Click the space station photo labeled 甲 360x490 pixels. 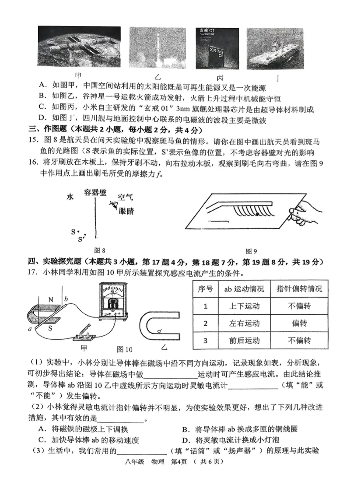pos(79,46)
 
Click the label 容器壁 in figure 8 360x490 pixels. pos(95,193)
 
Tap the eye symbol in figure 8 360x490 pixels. pos(114,205)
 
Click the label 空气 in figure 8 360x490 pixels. pos(125,197)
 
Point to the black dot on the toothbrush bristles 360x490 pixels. pos(257,214)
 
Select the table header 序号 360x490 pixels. pos(205,289)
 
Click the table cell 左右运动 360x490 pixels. pos(244,323)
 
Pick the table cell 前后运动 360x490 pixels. pos(244,340)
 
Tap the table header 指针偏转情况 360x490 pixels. pos(299,289)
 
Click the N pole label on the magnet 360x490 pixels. pos(51,300)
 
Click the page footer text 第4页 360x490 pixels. pos(179,461)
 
